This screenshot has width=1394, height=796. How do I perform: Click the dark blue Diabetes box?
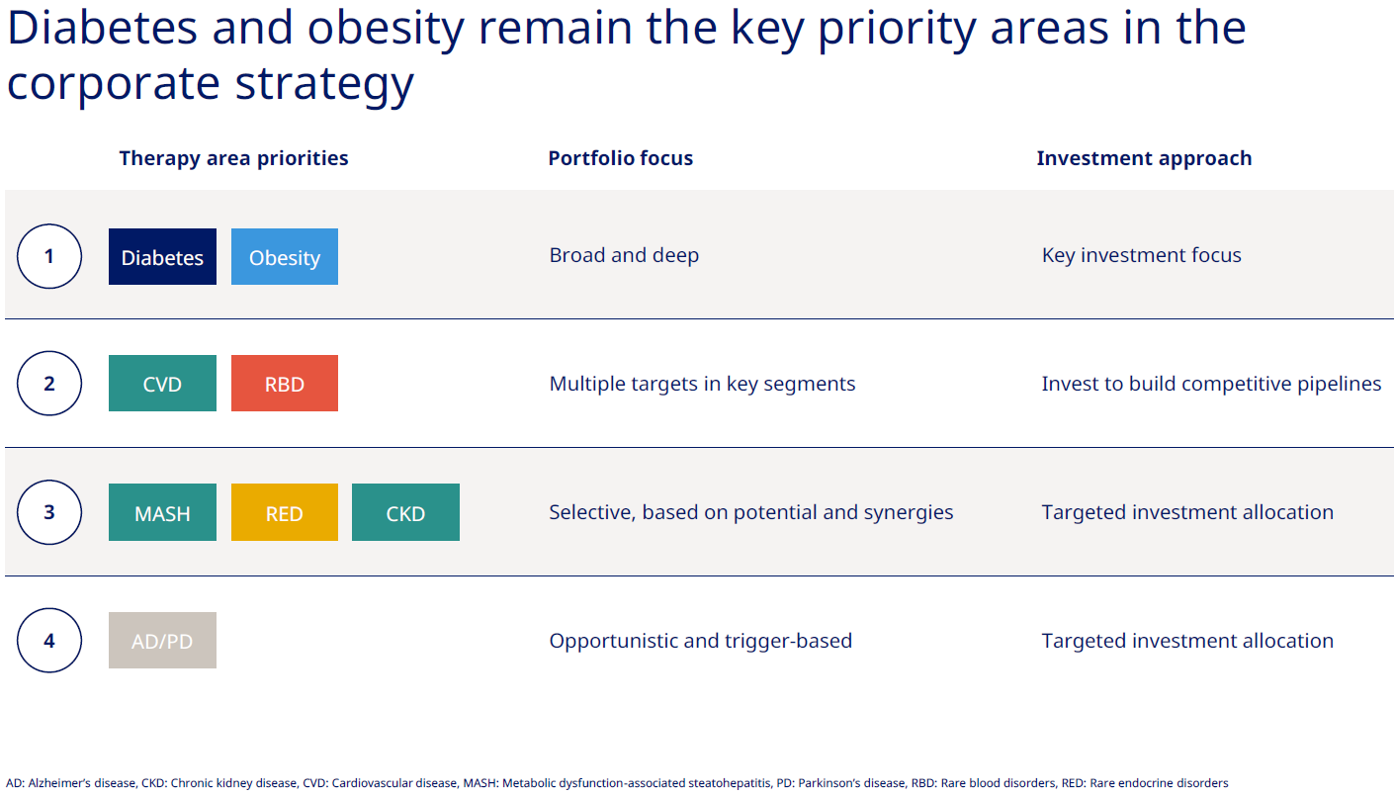(x=162, y=256)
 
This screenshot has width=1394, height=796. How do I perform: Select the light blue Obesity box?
(x=285, y=256)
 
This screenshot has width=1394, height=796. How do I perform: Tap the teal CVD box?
(x=162, y=384)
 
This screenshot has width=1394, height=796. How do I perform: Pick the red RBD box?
(x=285, y=384)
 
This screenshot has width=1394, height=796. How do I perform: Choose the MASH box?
(x=162, y=512)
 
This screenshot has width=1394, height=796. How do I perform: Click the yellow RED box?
(x=285, y=512)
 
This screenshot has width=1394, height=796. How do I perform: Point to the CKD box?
(x=405, y=512)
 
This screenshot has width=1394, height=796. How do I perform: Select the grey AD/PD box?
(x=162, y=641)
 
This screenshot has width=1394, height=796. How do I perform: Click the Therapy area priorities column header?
(x=233, y=158)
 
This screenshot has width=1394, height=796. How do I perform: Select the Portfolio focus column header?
(x=621, y=158)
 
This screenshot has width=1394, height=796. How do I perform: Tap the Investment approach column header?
(x=1144, y=158)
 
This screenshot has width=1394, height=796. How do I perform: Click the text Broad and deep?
(x=624, y=255)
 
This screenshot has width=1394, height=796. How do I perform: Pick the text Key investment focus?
(x=1141, y=255)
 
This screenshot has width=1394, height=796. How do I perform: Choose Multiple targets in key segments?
(x=702, y=384)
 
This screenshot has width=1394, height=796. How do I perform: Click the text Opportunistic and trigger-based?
(x=701, y=641)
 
